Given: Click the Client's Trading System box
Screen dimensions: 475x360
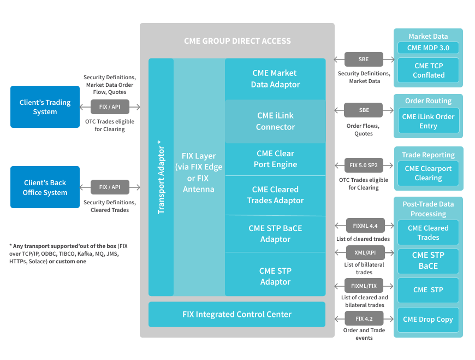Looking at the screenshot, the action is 45,107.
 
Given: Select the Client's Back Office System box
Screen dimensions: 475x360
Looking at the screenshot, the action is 45,187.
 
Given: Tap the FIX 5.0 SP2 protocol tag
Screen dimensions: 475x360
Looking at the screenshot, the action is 364,166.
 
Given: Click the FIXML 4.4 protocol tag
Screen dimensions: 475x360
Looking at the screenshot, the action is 365,226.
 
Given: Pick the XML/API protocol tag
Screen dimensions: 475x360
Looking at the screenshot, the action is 365,252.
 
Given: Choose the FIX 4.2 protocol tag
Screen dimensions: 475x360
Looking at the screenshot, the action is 364,318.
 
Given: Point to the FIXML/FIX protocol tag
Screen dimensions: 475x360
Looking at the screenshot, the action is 364,286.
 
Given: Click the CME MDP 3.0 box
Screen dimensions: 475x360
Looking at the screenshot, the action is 428,48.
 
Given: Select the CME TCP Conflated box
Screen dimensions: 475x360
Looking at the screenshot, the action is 429,70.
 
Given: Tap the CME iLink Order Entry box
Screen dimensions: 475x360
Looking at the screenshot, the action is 429,121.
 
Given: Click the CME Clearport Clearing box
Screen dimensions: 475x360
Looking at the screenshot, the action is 429,173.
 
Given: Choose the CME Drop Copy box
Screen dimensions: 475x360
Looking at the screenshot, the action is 428,320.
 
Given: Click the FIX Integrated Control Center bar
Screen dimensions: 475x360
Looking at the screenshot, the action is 237,314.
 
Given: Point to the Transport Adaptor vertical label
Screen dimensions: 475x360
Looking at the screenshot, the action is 161,177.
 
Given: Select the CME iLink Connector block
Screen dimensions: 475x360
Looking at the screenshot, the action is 275,121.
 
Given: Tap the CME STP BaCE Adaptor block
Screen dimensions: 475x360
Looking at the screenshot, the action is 275,234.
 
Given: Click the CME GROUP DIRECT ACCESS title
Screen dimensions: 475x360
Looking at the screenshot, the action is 237,41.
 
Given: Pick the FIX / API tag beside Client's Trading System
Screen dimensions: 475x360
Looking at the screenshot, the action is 110,107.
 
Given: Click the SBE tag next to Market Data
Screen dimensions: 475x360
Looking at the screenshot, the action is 364,59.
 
